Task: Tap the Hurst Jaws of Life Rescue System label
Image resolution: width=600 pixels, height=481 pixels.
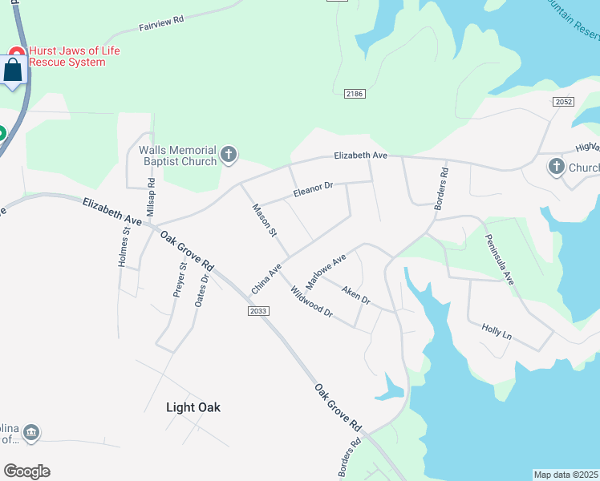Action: click(x=74, y=56)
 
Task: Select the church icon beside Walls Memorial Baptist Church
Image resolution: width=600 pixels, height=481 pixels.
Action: click(x=229, y=155)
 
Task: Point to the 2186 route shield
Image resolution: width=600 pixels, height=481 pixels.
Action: click(x=355, y=95)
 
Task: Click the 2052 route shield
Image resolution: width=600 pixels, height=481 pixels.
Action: click(x=563, y=102)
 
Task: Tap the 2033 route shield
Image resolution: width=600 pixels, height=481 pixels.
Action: click(x=257, y=311)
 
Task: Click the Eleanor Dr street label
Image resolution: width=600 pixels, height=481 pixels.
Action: click(x=313, y=190)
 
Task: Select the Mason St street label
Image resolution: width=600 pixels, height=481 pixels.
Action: click(x=264, y=220)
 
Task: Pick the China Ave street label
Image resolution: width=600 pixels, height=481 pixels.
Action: click(x=266, y=278)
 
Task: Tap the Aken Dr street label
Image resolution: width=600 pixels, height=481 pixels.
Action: click(x=355, y=296)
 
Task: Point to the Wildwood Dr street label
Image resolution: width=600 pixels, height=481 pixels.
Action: click(x=311, y=301)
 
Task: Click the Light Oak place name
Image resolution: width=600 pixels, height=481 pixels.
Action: click(x=193, y=407)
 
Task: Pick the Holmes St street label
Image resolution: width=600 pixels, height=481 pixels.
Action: click(x=124, y=248)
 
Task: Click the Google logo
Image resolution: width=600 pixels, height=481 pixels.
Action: click(x=26, y=471)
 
